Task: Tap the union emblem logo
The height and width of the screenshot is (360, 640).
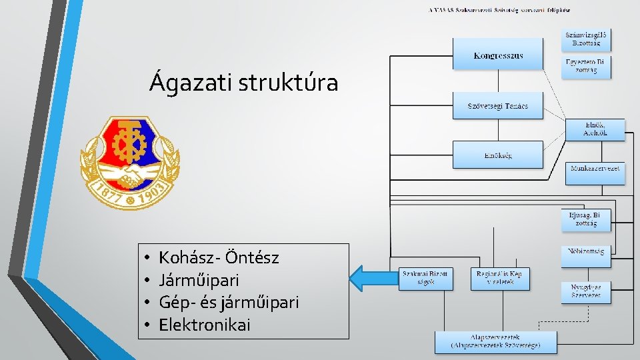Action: [130, 163]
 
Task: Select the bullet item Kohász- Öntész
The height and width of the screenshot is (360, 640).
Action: [228, 257]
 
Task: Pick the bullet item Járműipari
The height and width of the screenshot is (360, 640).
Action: [199, 280]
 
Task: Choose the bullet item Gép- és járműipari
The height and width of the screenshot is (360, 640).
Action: [229, 303]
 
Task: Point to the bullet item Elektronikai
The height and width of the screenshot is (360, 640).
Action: [205, 325]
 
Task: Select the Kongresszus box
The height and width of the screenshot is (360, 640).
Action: [498, 55]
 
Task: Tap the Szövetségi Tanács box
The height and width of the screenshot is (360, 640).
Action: [498, 105]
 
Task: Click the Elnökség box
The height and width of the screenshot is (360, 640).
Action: [498, 155]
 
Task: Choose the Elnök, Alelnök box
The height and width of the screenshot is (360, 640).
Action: [595, 130]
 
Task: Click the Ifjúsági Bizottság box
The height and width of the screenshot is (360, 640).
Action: [585, 220]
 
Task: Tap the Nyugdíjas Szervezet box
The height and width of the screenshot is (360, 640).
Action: [587, 291]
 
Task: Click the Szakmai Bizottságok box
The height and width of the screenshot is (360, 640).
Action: [425, 277]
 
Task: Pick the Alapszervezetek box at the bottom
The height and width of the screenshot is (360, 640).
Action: [495, 342]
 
